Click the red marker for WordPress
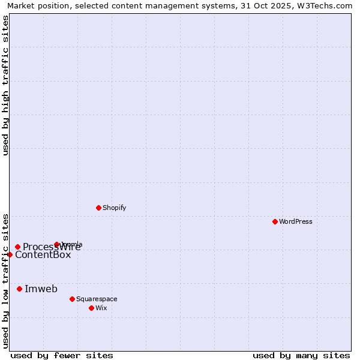pyautogui.click(x=275, y=221)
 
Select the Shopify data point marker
pyautogui.click(x=99, y=208)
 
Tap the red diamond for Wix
pyautogui.click(x=91, y=308)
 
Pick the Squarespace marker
pyautogui.click(x=72, y=299)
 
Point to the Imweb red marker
pyautogui.click(x=19, y=289)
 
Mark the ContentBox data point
pyautogui.click(x=10, y=254)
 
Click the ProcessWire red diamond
pyautogui.click(x=18, y=247)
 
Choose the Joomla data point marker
pyautogui.click(x=57, y=244)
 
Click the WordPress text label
pyautogui.click(x=296, y=221)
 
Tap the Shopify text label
pyautogui.click(x=114, y=208)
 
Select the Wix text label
pyautogui.click(x=101, y=308)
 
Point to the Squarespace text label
pyautogui.click(x=97, y=299)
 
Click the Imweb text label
pyautogui.click(x=41, y=289)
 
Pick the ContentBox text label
pyautogui.click(x=43, y=254)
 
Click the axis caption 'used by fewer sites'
pyautogui.click(x=62, y=355)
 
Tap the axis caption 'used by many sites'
pyautogui.click(x=301, y=355)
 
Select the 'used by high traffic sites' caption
pyautogui.click(x=5, y=85)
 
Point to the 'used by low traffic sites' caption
pyautogui.click(x=5, y=280)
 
